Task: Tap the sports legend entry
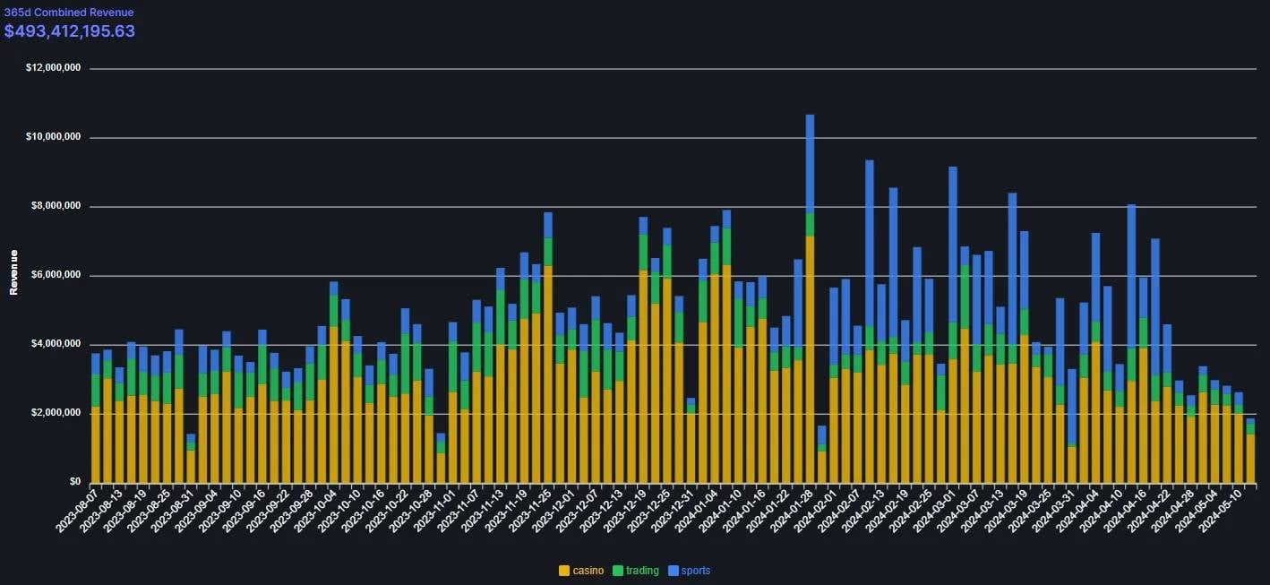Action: [x=695, y=571]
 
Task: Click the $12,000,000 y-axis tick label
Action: [x=55, y=68]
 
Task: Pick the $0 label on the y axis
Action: [x=74, y=482]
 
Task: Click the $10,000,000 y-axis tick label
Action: [x=55, y=137]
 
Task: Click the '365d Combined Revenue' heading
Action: [x=69, y=13]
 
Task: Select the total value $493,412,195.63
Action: [x=70, y=31]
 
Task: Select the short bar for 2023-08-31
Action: [x=191, y=461]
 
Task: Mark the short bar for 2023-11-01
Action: [x=441, y=461]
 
